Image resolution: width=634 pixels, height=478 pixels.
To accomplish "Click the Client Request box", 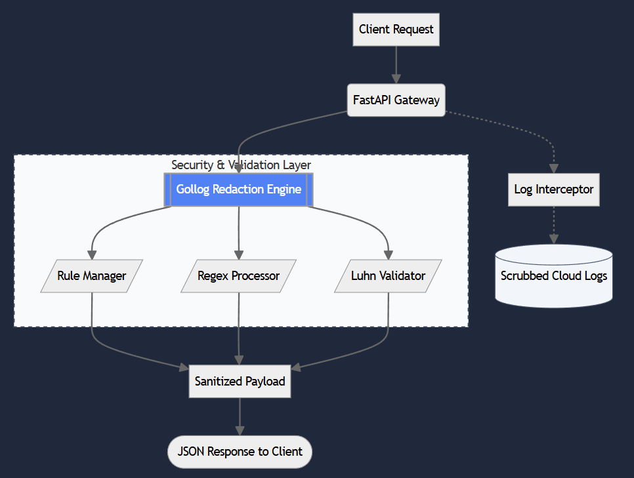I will point(396,30).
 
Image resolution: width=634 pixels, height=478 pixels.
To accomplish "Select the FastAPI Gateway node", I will point(396,100).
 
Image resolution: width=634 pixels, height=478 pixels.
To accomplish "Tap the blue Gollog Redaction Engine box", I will point(238,189).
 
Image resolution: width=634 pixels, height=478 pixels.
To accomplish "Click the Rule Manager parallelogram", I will point(91,276).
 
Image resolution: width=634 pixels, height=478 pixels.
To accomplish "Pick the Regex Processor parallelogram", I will point(238,276).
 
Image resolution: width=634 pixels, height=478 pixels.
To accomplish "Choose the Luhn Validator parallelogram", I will point(388,276).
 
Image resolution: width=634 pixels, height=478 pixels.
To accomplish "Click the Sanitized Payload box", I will point(240,382).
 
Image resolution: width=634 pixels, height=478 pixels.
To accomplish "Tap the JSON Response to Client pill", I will point(240,452).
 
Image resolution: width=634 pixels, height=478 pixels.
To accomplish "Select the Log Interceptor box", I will point(553,189).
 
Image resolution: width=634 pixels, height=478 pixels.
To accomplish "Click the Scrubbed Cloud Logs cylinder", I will point(553,276).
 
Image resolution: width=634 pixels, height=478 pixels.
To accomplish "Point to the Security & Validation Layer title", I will point(241,165).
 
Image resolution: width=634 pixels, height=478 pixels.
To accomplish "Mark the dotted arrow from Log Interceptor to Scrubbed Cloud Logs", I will point(553,223).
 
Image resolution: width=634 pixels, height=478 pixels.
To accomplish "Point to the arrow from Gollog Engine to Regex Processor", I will point(238,229).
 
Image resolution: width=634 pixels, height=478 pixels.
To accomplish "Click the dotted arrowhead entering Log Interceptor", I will point(553,168).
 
